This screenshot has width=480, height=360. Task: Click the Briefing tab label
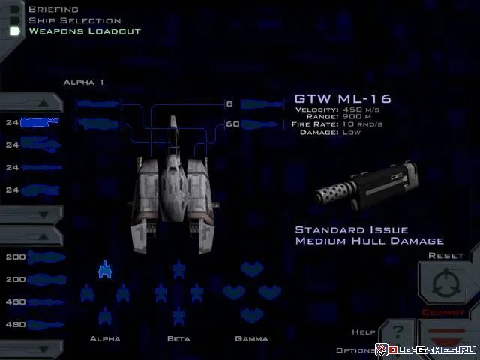coord(53,10)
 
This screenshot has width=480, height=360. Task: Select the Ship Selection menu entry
coord(74,20)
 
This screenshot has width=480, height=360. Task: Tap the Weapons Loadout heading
coord(84,31)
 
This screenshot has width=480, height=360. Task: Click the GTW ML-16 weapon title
coord(343,98)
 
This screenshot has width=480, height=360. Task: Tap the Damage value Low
coord(351,133)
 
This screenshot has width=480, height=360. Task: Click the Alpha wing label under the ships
coord(105,339)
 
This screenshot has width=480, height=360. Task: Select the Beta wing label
coord(178,339)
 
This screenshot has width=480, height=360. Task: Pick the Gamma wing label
coord(251,339)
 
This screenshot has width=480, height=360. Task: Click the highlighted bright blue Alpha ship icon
coord(105,268)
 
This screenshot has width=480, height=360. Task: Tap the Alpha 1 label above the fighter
coord(84,82)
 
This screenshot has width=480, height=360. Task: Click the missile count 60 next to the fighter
coord(232,124)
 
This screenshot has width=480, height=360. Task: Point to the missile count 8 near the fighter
coord(229,103)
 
